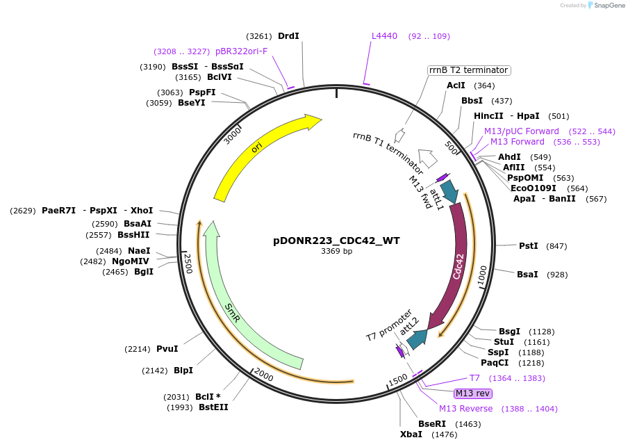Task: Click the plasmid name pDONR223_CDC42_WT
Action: click(x=336, y=241)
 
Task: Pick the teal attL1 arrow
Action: click(x=449, y=192)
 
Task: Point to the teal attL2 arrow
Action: click(x=418, y=339)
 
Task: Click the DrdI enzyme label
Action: click(x=288, y=36)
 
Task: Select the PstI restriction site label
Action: click(x=529, y=245)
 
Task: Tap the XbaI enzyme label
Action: click(x=411, y=434)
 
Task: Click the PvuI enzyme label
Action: click(x=167, y=349)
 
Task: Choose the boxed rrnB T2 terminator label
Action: click(x=469, y=70)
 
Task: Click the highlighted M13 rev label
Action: click(x=473, y=393)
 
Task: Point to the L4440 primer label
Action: click(x=384, y=35)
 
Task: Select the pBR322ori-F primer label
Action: click(x=241, y=51)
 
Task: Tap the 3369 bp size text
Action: click(x=336, y=252)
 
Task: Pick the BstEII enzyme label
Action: click(x=213, y=407)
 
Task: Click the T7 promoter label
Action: click(x=389, y=325)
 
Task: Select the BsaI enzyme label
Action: click(x=527, y=275)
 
